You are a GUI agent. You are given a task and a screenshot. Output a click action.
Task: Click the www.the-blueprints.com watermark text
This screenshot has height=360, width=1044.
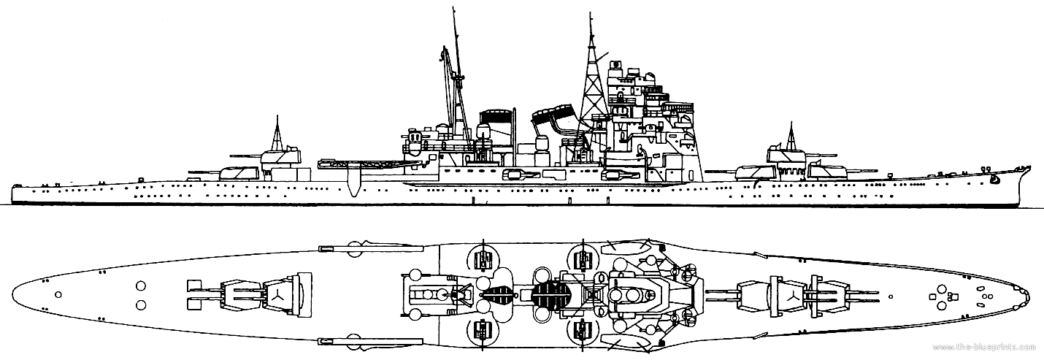click(994, 348)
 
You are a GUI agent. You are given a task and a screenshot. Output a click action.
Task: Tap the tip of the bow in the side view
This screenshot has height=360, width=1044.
click(1030, 167)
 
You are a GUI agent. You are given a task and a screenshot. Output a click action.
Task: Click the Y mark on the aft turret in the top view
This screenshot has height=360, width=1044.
click(279, 295)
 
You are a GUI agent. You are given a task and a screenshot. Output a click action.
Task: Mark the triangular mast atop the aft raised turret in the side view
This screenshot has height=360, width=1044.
click(278, 132)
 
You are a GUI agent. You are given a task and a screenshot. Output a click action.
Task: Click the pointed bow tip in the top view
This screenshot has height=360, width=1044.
click(1029, 296)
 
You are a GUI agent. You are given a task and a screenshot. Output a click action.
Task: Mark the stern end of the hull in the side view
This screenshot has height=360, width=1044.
click(13, 193)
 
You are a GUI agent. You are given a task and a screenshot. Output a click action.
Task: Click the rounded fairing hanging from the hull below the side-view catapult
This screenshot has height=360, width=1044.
click(353, 185)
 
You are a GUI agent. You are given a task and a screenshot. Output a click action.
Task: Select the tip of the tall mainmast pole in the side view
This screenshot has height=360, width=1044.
click(453, 10)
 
